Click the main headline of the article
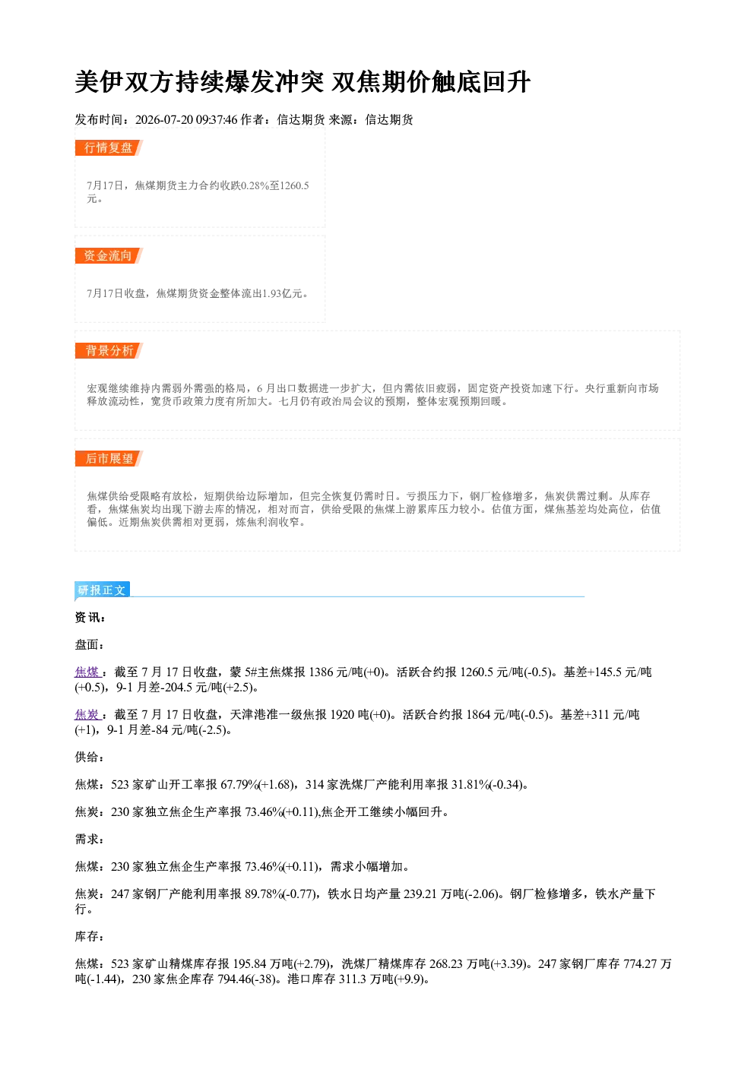[303, 82]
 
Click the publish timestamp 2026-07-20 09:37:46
[186, 119]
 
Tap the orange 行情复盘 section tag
[109, 147]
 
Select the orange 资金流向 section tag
[109, 255]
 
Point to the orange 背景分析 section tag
[109, 350]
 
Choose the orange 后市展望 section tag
[109, 458]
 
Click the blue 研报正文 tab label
[102, 590]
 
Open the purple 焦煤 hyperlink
[87, 672]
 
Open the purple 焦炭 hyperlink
[87, 714]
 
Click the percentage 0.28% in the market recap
[255, 185]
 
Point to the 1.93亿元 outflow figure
[282, 293]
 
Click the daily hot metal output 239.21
[420, 894]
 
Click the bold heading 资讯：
[90, 618]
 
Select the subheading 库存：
[89, 937]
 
